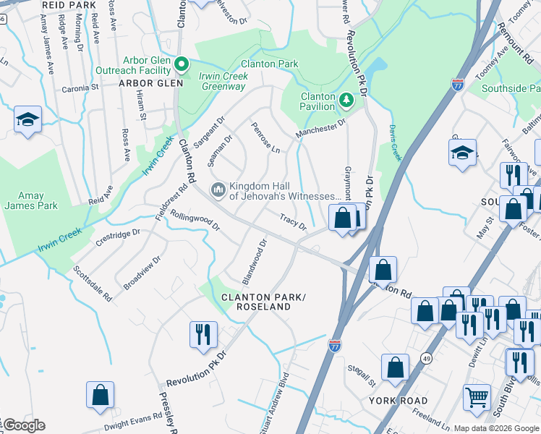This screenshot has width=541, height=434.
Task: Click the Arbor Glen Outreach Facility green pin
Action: click(x=182, y=64)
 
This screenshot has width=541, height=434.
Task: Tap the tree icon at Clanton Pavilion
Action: click(x=346, y=98)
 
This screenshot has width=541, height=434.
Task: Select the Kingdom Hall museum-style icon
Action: click(x=218, y=190)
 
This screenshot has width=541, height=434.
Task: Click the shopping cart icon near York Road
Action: click(x=477, y=396)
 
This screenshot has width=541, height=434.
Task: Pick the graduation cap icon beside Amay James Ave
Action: click(x=27, y=119)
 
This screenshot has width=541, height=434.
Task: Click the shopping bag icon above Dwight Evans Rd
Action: click(x=100, y=395)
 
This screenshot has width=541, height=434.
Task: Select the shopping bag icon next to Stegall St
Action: click(x=395, y=367)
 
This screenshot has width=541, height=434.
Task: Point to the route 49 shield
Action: click(x=427, y=358)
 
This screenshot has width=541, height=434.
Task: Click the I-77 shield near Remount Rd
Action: click(x=457, y=85)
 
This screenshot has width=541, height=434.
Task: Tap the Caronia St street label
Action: click(x=80, y=87)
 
